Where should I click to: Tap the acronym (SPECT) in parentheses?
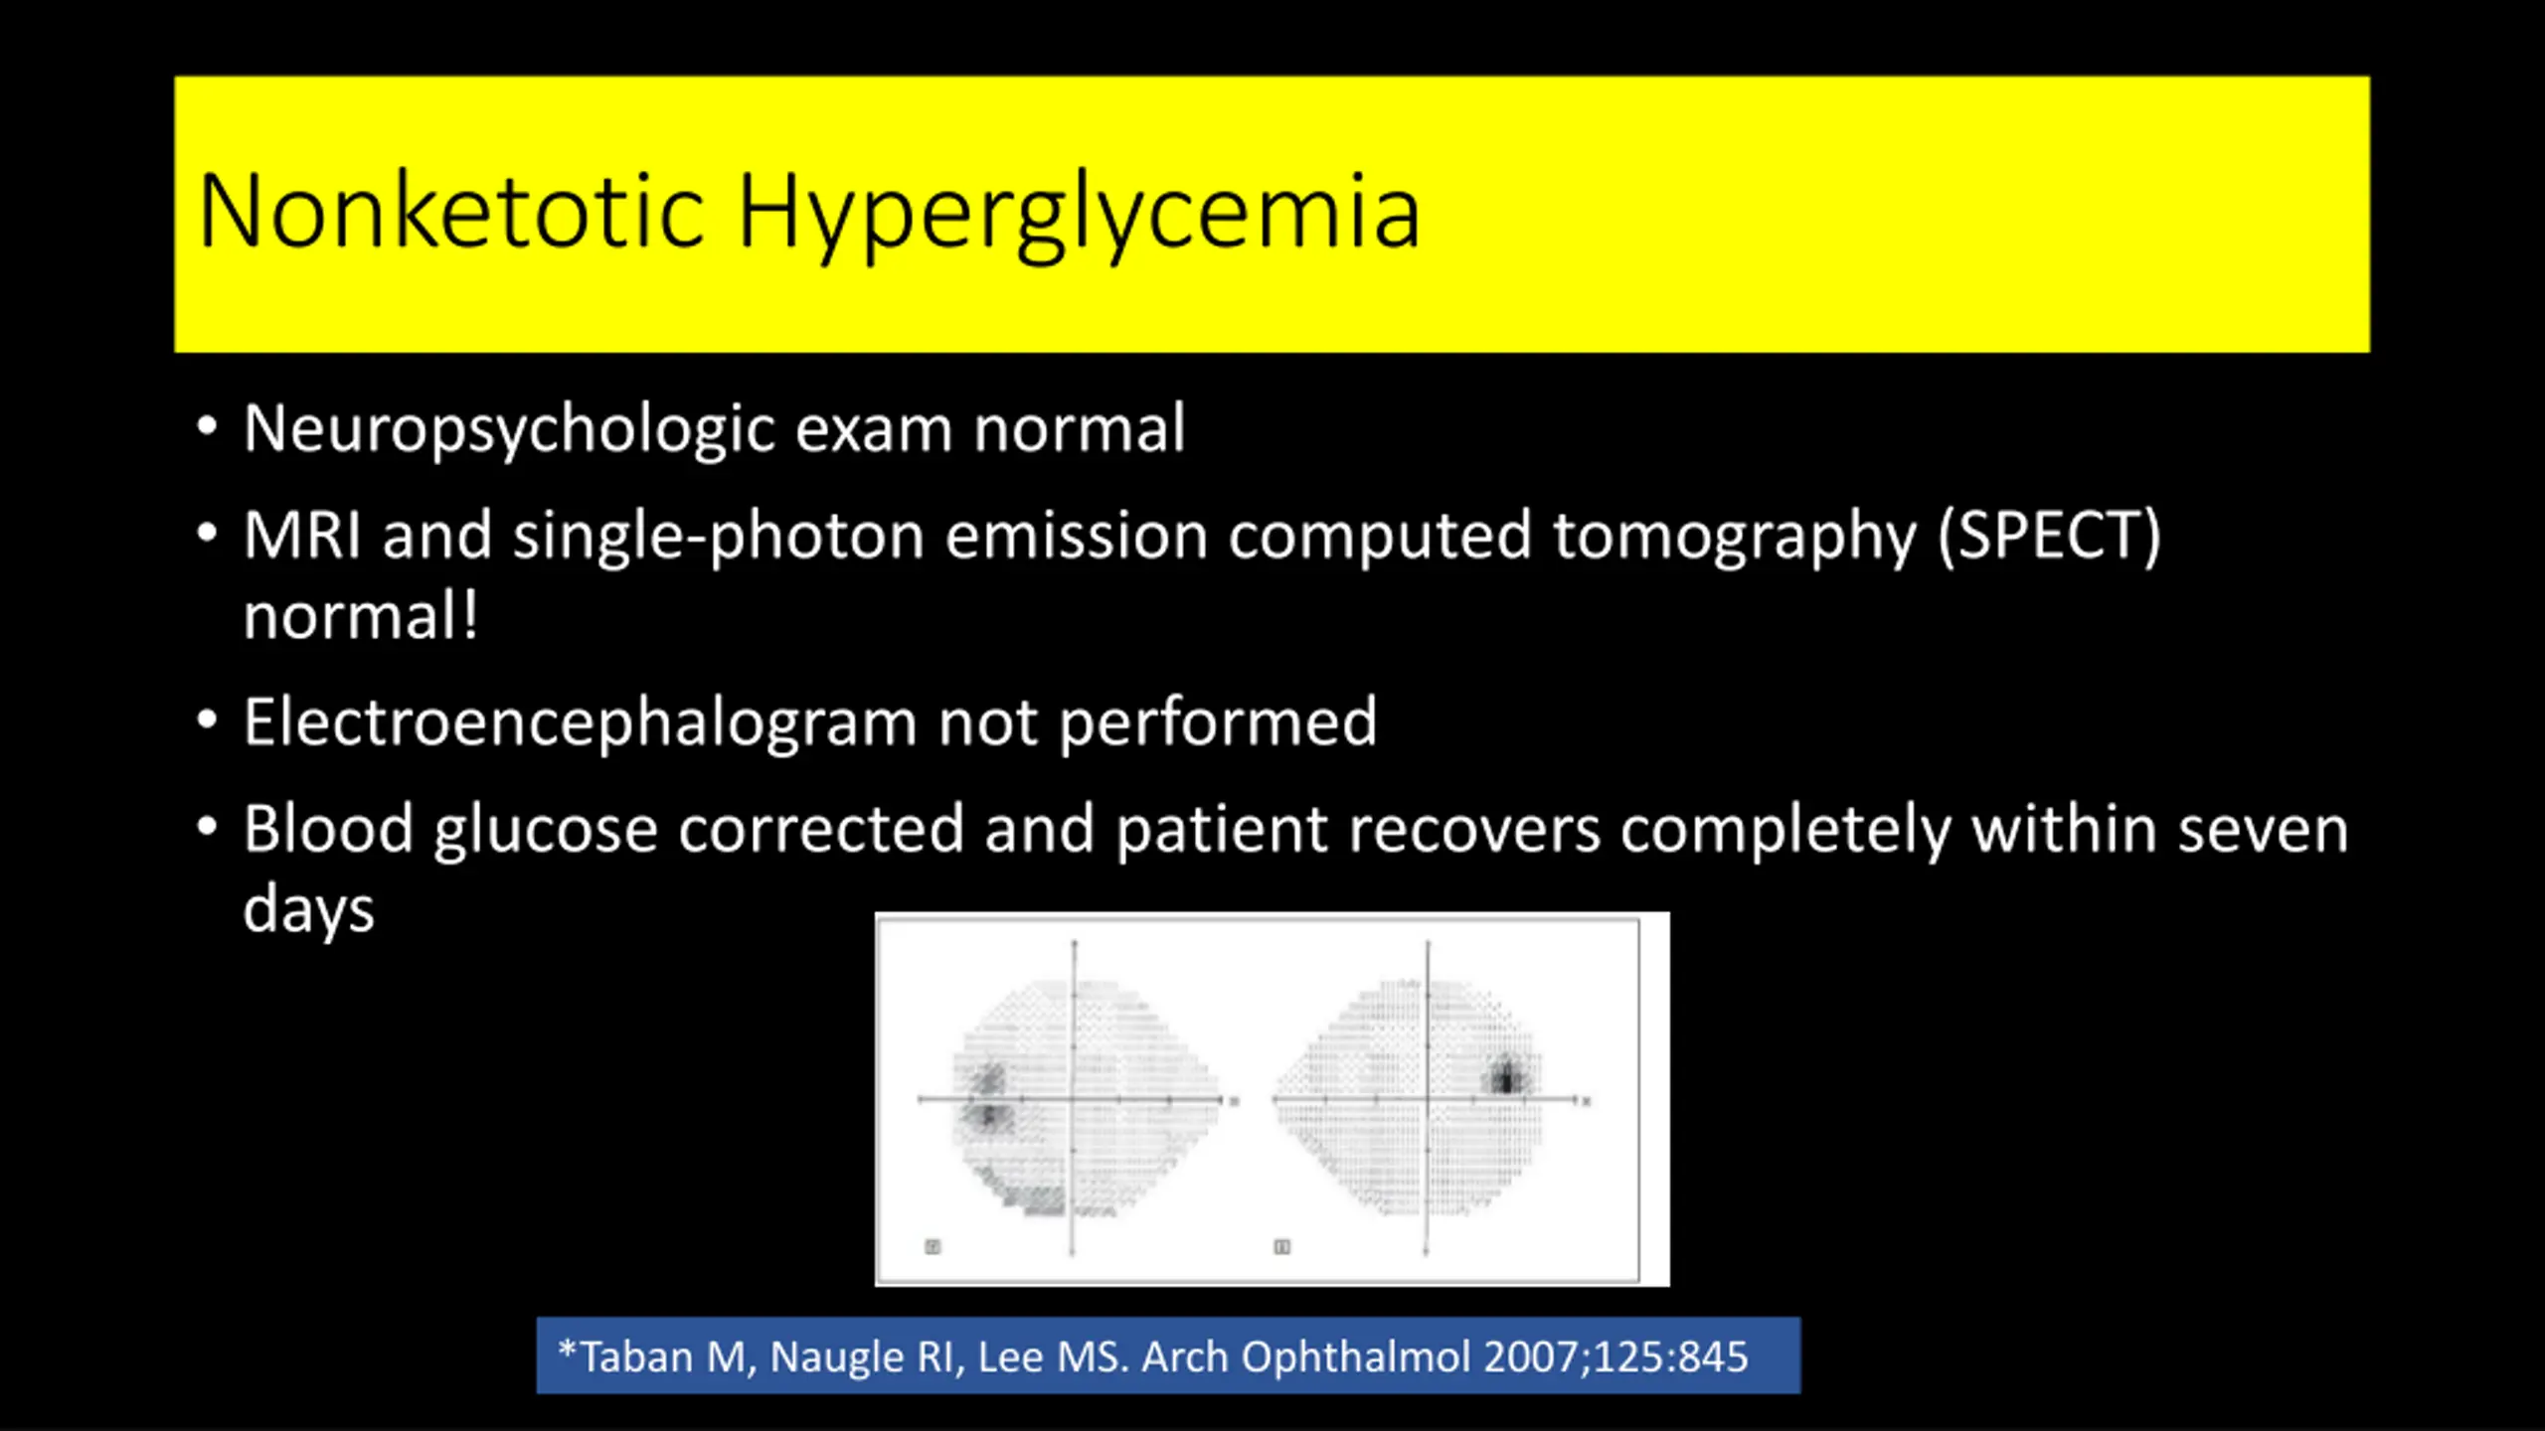point(2050,538)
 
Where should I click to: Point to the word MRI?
point(302,536)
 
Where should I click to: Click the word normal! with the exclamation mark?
point(361,616)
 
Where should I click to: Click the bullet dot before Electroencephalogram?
point(207,719)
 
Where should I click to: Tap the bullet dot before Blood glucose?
point(207,827)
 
